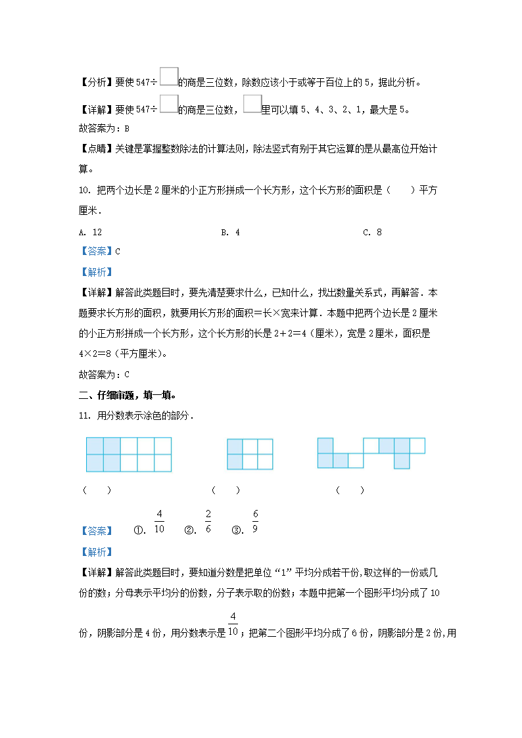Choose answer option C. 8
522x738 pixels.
[x=372, y=232]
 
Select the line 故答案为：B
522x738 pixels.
[x=104, y=129]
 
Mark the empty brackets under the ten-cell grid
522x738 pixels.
[x=97, y=490]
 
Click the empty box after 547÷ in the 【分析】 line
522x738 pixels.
[x=168, y=78]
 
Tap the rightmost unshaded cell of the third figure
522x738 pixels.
[x=417, y=446]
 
